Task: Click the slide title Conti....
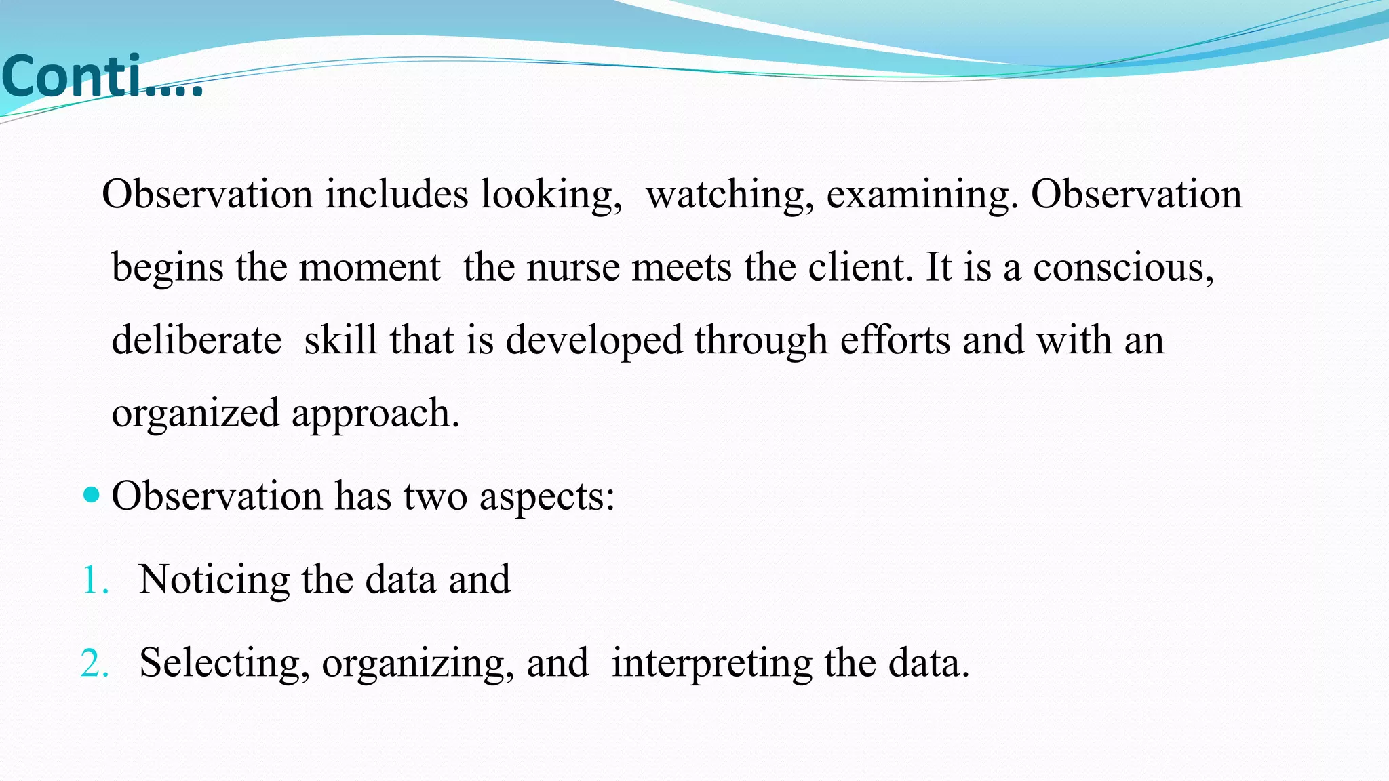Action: click(102, 77)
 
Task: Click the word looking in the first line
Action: click(551, 195)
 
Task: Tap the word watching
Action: click(729, 195)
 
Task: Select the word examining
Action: click(922, 195)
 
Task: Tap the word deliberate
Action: click(196, 340)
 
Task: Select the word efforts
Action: click(895, 340)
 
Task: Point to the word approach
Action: click(375, 414)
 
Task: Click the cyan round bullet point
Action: click(91, 494)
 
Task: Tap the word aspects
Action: click(547, 497)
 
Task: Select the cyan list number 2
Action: click(94, 663)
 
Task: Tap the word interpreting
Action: click(712, 663)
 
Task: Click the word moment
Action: click(370, 267)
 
